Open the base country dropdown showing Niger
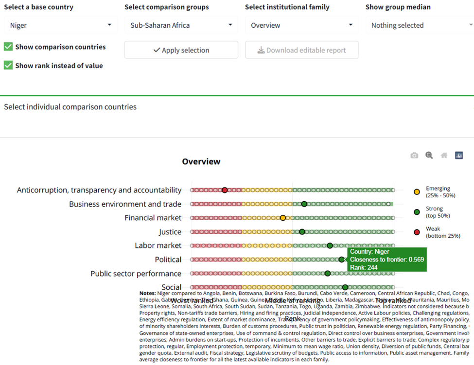60,25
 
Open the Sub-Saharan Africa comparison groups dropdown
181,25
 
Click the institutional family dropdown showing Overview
301,25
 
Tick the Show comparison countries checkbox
8,47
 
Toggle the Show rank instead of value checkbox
8,65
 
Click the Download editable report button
301,50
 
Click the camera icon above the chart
414,156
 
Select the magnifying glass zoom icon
429,156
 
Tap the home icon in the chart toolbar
444,156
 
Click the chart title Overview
201,161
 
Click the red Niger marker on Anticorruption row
225,190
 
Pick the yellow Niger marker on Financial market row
283,218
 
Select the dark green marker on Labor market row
330,245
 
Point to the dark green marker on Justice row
302,232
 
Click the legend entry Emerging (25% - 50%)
438,191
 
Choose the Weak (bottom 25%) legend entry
438,232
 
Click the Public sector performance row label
136,274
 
